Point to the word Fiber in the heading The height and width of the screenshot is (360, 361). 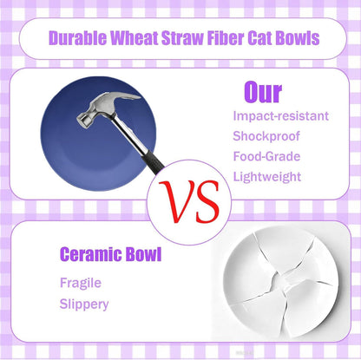click(232, 38)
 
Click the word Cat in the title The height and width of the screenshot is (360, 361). click(270, 38)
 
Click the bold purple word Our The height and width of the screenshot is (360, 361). click(262, 92)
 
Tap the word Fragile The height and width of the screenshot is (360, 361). click(82, 283)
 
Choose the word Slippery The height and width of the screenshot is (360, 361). click(84, 304)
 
